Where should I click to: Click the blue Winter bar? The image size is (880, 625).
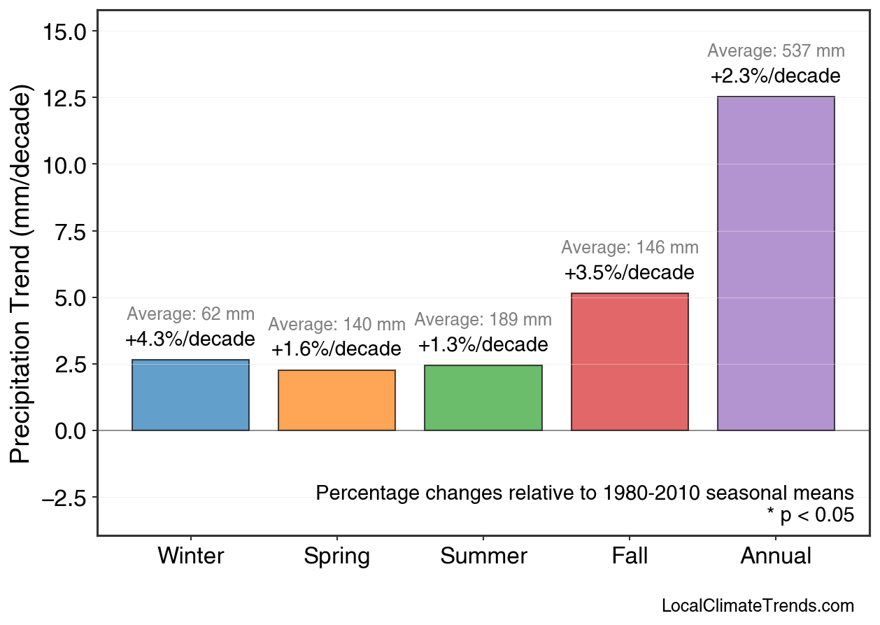[190, 395]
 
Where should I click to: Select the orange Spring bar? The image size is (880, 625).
[336, 400]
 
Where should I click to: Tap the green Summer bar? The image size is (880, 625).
[483, 398]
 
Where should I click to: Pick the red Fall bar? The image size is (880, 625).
[630, 362]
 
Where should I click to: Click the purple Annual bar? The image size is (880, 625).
[776, 263]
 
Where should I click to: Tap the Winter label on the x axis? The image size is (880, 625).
[190, 556]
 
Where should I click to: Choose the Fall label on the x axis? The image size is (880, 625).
[630, 556]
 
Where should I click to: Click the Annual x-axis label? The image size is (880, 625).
[776, 556]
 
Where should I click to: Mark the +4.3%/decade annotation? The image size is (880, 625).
[190, 339]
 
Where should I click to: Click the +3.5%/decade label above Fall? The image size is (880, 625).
[630, 272]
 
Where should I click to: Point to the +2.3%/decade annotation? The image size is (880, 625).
[776, 76]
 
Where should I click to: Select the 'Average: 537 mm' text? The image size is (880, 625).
[776, 51]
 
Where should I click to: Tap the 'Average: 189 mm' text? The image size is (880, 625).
[483, 321]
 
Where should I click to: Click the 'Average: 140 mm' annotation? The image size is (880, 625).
[336, 325]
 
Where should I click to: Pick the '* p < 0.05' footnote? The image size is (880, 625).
[810, 516]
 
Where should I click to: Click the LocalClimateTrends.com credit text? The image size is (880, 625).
[758, 606]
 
